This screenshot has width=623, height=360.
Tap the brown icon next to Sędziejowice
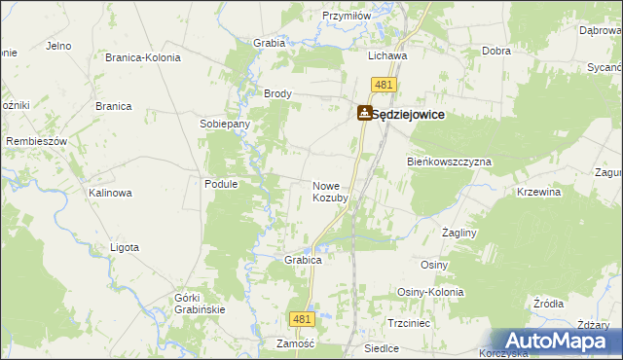[x=364, y=114]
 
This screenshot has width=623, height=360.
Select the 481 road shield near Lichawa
[x=384, y=86]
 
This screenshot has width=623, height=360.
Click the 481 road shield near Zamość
[x=302, y=318]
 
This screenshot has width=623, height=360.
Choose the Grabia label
[x=269, y=43]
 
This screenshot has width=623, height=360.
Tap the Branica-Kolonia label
[x=143, y=57]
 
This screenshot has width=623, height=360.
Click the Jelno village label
[x=59, y=46]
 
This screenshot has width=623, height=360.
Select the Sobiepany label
[x=225, y=125]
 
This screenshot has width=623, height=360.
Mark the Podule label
[x=221, y=183]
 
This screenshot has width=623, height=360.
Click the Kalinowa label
[x=110, y=193]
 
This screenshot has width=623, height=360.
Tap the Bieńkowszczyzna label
[x=449, y=162]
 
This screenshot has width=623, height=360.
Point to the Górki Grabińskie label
[x=201, y=304]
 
